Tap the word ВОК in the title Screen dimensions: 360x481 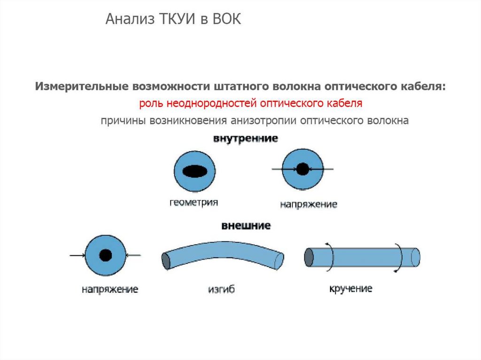(x=226, y=20)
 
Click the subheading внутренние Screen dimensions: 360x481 (x=245, y=139)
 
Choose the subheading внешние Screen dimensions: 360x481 (x=246, y=226)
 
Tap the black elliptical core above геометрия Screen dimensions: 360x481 (x=194, y=172)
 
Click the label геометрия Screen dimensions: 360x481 (x=194, y=203)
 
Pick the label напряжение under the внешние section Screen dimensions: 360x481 (x=109, y=289)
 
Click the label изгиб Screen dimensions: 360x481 (x=221, y=290)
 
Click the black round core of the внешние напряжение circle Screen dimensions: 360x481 (x=106, y=255)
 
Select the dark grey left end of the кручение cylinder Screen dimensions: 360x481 (x=309, y=257)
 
